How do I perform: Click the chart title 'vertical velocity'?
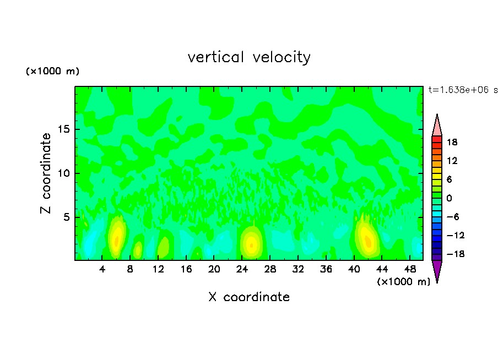click(249, 57)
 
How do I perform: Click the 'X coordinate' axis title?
click(249, 297)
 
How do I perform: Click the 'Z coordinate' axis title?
click(46, 173)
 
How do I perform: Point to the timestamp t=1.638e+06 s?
click(463, 90)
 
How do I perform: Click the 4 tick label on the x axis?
click(102, 269)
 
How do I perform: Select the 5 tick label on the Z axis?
click(66, 217)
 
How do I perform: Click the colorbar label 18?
click(452, 142)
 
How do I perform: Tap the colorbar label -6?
click(452, 217)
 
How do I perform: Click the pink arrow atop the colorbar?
click(437, 126)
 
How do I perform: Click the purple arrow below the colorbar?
click(437, 270)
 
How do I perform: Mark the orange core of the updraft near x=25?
click(251, 245)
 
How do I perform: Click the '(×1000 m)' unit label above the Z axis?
click(53, 72)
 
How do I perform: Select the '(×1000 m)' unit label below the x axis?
click(403, 282)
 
